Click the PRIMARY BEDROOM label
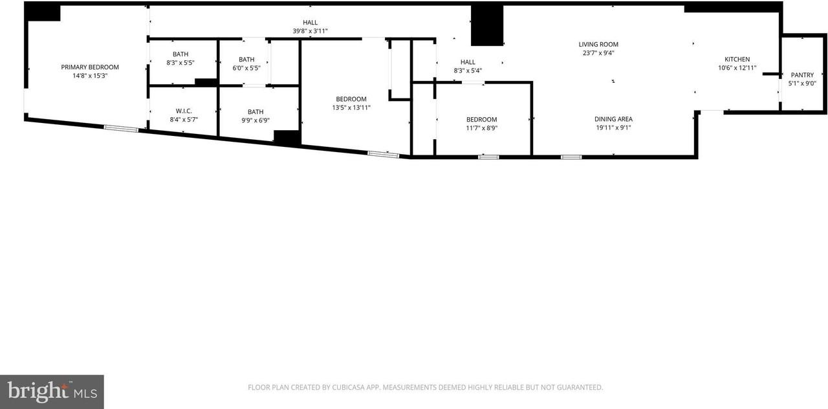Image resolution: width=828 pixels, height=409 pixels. point(90,67)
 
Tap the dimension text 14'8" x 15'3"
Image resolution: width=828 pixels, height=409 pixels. point(90,76)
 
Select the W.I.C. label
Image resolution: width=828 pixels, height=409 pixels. point(184,111)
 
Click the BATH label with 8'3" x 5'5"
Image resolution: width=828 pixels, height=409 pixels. point(180,54)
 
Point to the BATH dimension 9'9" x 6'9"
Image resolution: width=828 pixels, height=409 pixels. point(256,120)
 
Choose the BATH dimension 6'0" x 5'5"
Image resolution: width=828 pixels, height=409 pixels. point(246,68)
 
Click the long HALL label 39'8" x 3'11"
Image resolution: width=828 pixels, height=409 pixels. point(310,23)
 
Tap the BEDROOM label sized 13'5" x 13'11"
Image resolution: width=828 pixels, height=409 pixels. point(351,99)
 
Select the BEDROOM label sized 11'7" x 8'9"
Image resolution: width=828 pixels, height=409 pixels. point(482,119)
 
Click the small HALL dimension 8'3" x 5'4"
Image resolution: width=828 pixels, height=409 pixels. point(468,71)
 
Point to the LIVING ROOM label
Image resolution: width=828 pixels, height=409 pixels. point(598,45)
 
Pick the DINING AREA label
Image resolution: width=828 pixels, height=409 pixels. point(613,119)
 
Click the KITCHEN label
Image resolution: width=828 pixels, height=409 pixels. point(737,60)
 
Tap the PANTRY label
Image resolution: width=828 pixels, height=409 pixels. point(802,75)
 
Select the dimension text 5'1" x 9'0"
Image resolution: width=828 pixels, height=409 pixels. point(802,83)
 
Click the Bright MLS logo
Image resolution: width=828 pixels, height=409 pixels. point(52,392)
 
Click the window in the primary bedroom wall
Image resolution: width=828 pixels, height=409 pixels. point(121,128)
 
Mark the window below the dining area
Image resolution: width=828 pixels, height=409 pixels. point(571,157)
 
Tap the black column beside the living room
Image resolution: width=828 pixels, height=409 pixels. point(487,25)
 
